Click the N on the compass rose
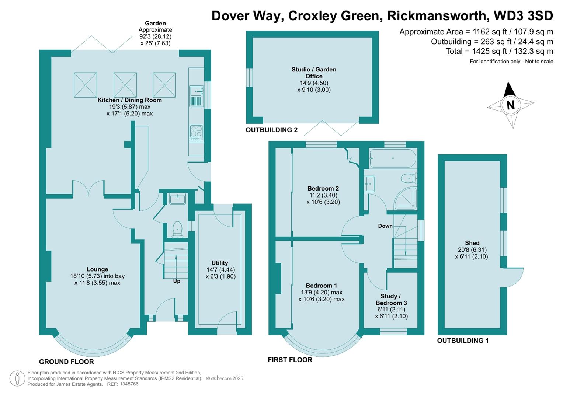(x=510, y=105)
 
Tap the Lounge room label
(x=97, y=269)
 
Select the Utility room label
(x=220, y=263)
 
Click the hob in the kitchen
(x=196, y=133)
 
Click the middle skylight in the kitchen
(x=125, y=85)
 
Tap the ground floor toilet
(x=177, y=229)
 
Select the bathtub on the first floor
(x=393, y=158)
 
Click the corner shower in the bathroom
(x=405, y=198)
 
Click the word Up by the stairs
(x=177, y=282)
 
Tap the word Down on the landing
(x=385, y=226)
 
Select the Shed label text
(x=472, y=243)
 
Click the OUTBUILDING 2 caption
(x=271, y=130)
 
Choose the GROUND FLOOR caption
(x=66, y=362)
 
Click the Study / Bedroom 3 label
(x=391, y=300)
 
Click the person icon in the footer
(x=17, y=379)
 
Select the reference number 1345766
(x=129, y=384)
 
